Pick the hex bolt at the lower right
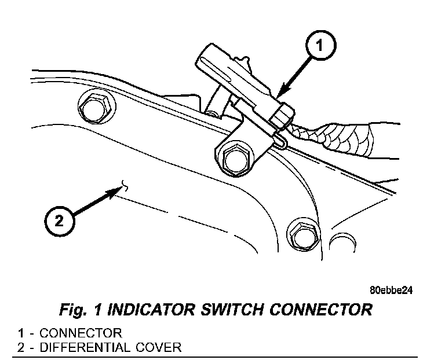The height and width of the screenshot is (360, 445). tap(302, 234)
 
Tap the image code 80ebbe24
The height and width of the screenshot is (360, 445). tap(391, 291)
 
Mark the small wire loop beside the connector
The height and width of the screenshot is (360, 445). tap(280, 141)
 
